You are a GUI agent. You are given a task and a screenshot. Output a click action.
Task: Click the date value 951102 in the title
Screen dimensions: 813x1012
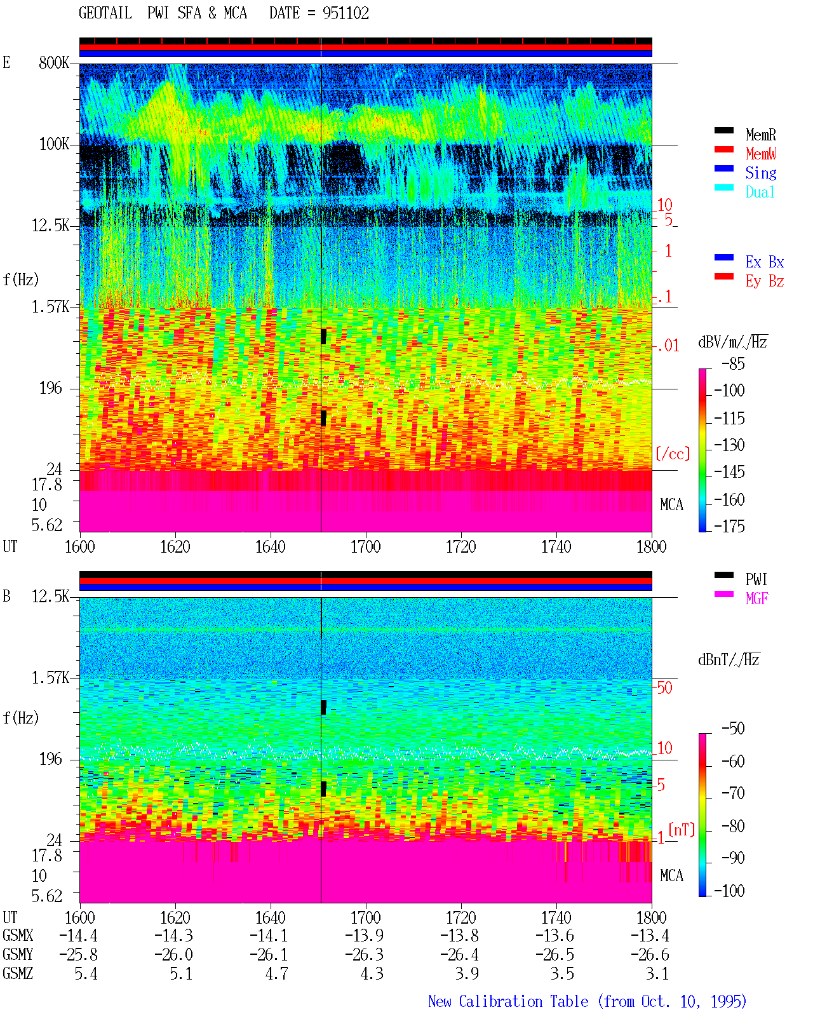346,13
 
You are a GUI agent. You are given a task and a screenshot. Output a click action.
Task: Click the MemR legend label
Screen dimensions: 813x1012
761,135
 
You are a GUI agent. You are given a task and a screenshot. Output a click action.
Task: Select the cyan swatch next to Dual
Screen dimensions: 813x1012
723,187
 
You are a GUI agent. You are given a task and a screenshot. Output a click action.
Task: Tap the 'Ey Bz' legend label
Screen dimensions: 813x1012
765,281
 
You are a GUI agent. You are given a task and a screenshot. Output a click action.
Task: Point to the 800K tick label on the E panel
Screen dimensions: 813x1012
54,62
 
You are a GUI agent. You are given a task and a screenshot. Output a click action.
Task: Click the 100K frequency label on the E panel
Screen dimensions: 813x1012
54,144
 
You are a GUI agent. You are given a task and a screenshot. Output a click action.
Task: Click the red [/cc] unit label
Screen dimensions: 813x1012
673,454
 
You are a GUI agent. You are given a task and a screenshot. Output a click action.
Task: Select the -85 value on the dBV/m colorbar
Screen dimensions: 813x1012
733,364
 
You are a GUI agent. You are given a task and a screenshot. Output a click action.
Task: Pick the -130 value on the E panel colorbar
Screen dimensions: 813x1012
729,445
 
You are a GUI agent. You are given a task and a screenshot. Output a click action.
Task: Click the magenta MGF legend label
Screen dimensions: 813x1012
756,598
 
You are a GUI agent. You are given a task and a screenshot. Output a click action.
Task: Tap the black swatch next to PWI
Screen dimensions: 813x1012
723,575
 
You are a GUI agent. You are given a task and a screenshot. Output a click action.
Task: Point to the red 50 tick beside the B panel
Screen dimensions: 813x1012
664,688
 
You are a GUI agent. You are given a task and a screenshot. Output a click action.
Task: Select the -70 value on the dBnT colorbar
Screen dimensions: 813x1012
733,793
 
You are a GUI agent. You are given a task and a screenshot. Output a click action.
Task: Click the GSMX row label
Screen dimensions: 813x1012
18,935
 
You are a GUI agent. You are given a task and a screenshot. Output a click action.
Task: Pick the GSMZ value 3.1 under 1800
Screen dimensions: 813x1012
657,973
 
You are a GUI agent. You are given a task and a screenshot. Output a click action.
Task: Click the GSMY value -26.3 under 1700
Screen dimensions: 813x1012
364,954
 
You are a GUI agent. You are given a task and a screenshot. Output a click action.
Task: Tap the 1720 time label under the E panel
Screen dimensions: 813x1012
461,547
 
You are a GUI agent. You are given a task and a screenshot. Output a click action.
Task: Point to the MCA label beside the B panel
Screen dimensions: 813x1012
671,875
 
